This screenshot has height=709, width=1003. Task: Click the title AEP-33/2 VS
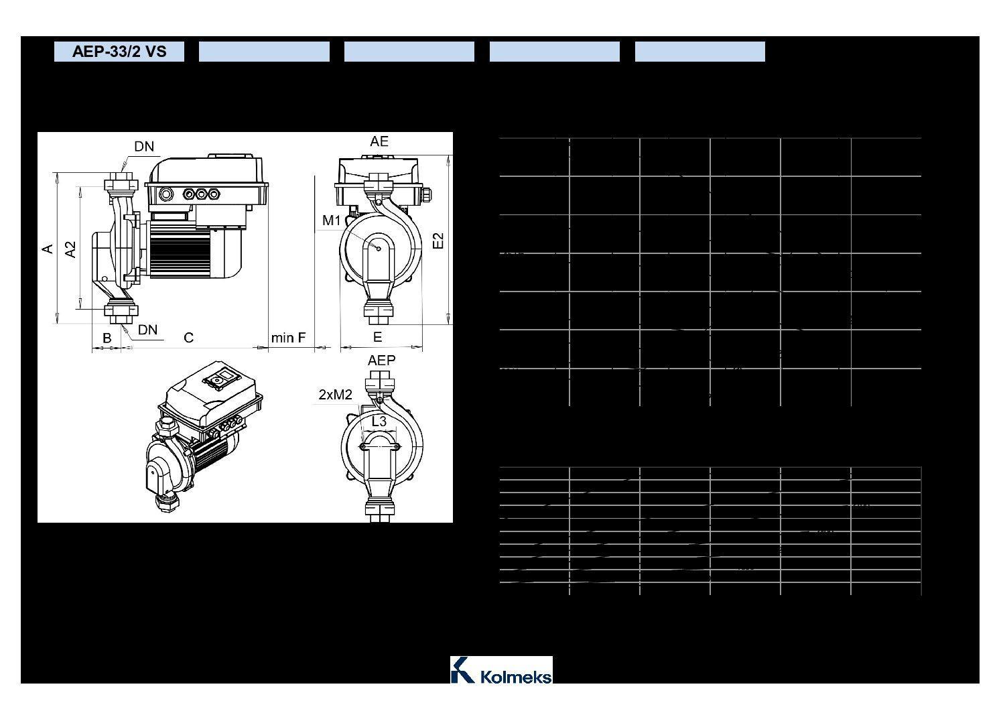coord(119,52)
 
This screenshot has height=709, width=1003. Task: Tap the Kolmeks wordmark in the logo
coord(515,676)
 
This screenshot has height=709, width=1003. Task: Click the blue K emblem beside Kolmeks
coord(462,670)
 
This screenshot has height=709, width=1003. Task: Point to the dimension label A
coord(48,249)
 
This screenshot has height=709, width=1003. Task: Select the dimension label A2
coord(71,249)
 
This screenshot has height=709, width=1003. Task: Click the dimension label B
coord(107,338)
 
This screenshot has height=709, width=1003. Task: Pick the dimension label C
coord(188,338)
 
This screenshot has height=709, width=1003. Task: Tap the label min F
coord(288,337)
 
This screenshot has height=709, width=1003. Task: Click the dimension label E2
coord(438,241)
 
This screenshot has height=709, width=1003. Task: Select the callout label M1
coord(332,220)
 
